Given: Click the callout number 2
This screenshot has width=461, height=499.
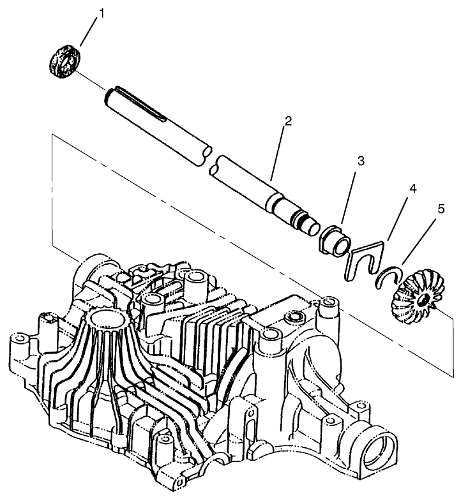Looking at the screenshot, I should [x=289, y=121].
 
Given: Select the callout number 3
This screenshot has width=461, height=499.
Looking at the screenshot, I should [x=361, y=161].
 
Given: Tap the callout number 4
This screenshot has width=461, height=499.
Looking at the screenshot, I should [x=413, y=190].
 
